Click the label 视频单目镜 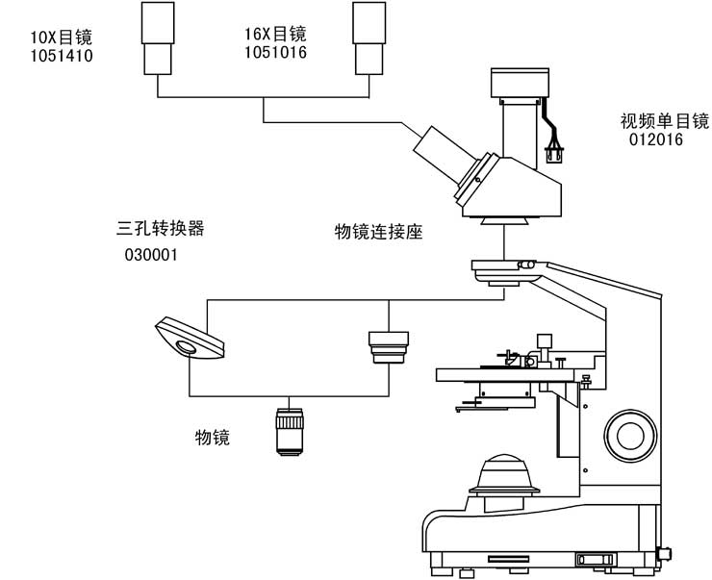664,121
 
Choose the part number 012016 655,140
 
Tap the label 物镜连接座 379,232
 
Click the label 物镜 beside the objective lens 213,438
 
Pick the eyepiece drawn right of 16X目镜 368,38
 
